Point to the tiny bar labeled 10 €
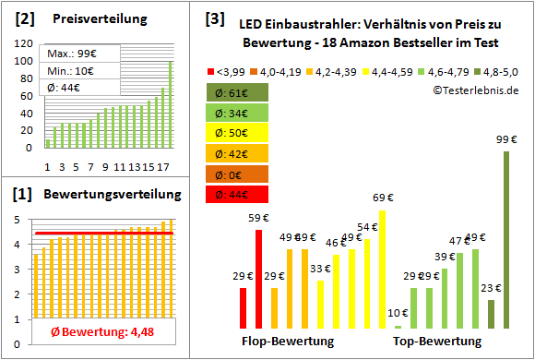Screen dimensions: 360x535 point(398,327)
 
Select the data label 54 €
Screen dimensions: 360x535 point(367,227)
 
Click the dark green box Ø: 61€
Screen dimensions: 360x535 point(238,92)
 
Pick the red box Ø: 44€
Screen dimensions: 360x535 point(238,194)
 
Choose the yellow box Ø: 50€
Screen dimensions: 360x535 point(238,133)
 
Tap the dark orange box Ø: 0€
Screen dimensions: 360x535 point(238,174)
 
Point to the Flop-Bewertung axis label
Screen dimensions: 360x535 point(288,342)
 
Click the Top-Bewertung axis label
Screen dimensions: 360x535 point(437,342)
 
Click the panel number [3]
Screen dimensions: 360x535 point(214,18)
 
